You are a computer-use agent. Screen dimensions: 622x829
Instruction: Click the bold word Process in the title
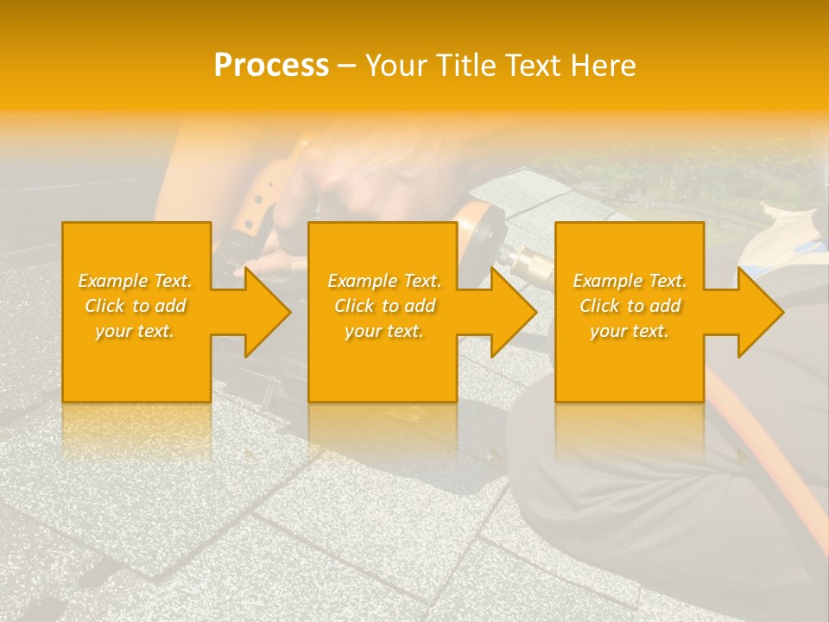click(271, 65)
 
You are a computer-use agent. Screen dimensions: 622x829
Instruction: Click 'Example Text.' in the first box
click(135, 281)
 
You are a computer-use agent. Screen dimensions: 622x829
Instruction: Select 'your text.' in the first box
click(135, 331)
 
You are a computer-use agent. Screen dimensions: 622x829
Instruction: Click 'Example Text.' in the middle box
click(384, 281)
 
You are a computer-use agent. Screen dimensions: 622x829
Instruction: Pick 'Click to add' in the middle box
click(384, 306)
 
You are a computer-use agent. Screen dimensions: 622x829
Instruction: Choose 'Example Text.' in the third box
click(630, 281)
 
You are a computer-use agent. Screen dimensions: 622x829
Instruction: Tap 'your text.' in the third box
click(630, 331)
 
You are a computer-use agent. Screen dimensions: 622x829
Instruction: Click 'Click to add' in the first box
click(135, 306)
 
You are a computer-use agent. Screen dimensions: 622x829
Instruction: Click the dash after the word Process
click(346, 66)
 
